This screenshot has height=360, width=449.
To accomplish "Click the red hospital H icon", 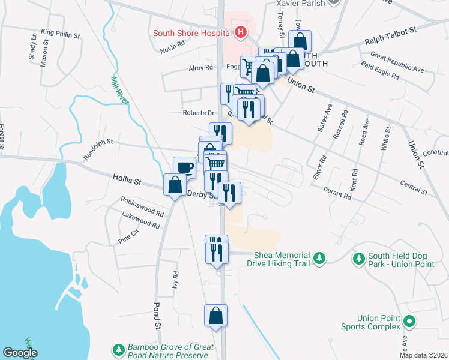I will coord(241,32).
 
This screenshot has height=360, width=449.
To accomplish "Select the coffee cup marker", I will coord(184,167).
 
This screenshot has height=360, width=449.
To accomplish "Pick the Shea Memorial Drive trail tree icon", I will coord(321,258).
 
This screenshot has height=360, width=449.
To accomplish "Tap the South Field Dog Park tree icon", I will coord(358,259).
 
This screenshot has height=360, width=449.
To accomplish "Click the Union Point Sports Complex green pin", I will coord(409,322).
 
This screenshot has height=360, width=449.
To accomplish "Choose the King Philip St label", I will coord(61,34).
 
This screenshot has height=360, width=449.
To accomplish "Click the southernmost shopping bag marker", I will coord(216,316).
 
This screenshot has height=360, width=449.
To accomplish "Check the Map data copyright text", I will coord(424,355).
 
